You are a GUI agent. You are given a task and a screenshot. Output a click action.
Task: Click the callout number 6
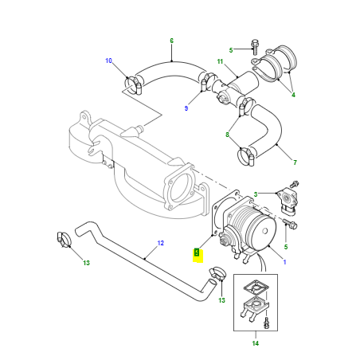point(171,41)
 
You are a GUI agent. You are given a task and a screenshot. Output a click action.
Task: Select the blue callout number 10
point(108,61)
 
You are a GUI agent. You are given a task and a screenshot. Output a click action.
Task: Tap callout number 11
point(220,61)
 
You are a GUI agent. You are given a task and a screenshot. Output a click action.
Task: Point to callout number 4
point(293,95)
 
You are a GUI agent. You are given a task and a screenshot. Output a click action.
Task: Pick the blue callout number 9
point(186,108)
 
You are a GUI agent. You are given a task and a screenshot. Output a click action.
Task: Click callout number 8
point(227,135)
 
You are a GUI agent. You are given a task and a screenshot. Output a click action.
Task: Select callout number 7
point(295,162)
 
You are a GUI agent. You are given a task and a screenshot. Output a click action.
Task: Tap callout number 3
point(256,194)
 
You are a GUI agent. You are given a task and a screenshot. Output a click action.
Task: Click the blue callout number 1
point(284,262)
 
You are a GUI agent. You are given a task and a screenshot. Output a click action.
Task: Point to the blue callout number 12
point(161,243)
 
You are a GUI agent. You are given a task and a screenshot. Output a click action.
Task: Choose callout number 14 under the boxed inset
point(256,343)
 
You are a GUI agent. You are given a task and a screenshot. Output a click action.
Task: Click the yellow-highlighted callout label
point(197,252)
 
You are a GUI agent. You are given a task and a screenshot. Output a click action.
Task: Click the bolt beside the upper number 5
point(255,47)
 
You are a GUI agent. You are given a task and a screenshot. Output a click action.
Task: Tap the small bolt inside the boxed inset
point(266,323)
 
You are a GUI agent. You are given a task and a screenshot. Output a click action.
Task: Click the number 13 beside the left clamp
point(86,263)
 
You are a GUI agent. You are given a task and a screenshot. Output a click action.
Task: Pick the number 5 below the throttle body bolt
point(286,247)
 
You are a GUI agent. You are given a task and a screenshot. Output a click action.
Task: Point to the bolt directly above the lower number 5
point(290,224)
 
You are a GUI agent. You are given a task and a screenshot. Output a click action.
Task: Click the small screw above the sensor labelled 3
point(295,184)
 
